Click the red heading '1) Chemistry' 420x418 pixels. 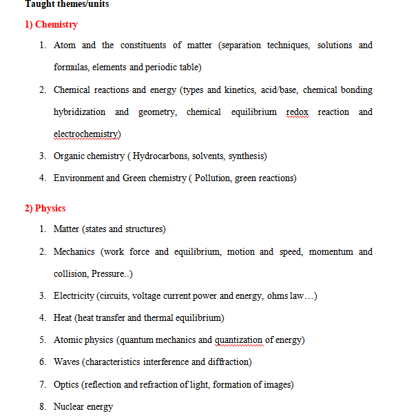point(51,25)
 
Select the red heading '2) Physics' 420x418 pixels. point(45,208)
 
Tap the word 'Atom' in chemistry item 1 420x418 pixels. point(65,45)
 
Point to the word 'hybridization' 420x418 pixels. point(80,112)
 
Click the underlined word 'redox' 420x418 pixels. point(298,112)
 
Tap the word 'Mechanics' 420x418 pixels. point(74,252)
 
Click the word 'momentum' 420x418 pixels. point(330,252)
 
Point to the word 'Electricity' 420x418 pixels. point(74,296)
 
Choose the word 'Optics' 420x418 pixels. point(66,384)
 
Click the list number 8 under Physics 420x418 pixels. point(42,406)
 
